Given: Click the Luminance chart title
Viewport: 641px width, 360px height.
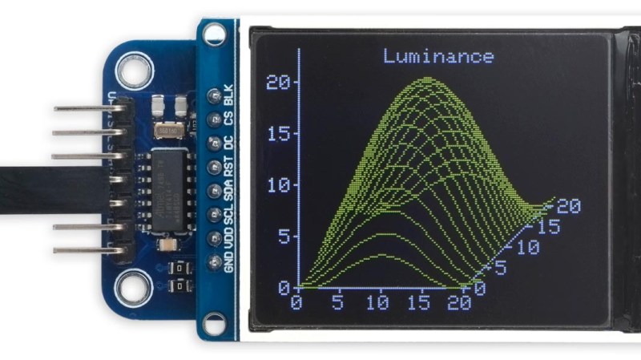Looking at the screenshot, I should pyautogui.click(x=438, y=56).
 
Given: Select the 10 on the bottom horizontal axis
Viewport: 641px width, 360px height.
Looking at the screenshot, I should pyautogui.click(x=377, y=303).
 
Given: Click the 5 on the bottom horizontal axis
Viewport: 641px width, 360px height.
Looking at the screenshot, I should pyautogui.click(x=337, y=303).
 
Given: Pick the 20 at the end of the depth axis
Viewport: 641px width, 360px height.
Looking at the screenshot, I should pyautogui.click(x=568, y=206).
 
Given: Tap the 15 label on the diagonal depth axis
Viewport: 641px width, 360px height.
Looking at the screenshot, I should pyautogui.click(x=548, y=228).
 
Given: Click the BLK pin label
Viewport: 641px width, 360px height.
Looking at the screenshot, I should pyautogui.click(x=229, y=95).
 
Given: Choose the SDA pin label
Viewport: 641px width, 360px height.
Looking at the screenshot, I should pyautogui.click(x=229, y=192).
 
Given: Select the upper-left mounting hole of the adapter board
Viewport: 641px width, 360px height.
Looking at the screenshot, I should pyautogui.click(x=134, y=71).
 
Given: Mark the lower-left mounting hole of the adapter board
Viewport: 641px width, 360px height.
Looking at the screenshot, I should pyautogui.click(x=133, y=289).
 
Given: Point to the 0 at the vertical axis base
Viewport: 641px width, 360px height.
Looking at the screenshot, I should pyautogui.click(x=284, y=286).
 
